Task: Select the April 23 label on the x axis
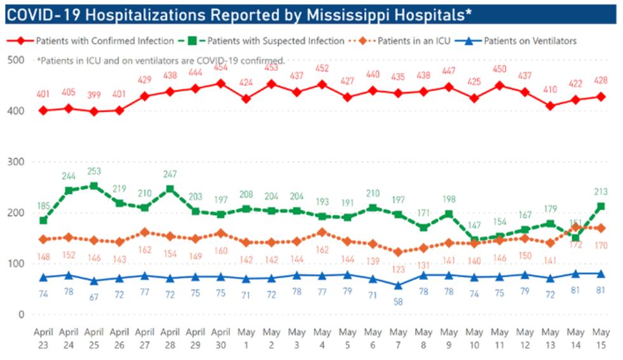click(43, 338)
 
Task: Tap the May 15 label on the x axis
click(601, 338)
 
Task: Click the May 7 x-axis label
click(398, 338)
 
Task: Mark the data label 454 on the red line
click(221, 67)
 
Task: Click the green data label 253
click(94, 171)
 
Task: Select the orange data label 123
click(398, 270)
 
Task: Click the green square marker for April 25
click(94, 186)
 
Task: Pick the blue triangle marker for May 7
click(398, 285)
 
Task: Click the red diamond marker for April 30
click(221, 83)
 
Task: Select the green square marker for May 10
click(474, 240)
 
